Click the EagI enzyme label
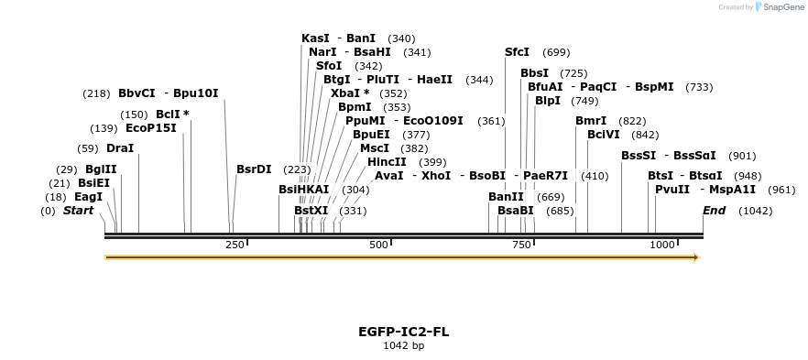88,197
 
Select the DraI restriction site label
119,148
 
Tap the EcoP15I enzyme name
150,128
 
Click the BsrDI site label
254,169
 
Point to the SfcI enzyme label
517,52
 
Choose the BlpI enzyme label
547,101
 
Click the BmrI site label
591,121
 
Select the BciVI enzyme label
604,135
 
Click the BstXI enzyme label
311,211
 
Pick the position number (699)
556,53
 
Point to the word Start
78,211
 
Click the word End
714,211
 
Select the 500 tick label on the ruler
378,245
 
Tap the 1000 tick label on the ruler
662,245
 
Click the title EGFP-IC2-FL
403,331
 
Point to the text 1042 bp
403,346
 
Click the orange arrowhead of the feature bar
696,257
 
